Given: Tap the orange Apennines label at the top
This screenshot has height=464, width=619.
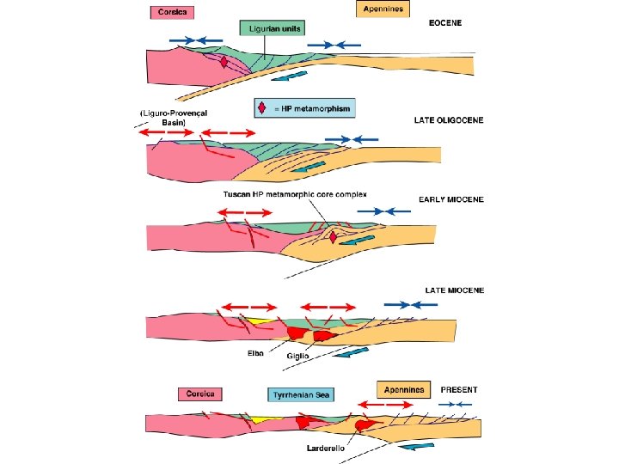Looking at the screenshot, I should point(383,9).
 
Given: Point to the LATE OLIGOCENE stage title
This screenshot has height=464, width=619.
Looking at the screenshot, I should point(453,119).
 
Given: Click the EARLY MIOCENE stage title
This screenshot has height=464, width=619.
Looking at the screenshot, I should point(451,199).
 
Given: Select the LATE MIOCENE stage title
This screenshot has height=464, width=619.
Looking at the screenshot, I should point(455,290).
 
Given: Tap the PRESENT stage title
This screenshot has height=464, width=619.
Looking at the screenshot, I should point(459,389).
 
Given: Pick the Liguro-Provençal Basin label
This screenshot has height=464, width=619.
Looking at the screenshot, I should point(173,118).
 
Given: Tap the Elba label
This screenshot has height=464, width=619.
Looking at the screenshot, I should point(256,352).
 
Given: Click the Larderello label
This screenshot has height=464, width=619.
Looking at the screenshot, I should point(327,449).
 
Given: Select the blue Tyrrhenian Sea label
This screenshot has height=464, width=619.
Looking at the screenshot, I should point(300,395).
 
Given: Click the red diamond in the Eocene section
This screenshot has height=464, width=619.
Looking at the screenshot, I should point(224,62).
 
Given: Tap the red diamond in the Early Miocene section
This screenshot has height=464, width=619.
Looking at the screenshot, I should point(333,238).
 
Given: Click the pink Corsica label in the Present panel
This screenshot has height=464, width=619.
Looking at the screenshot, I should point(200,394).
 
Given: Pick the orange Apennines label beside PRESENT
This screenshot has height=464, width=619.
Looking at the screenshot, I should point(402,389).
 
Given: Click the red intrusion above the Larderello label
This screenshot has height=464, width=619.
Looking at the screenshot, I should point(365,424).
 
